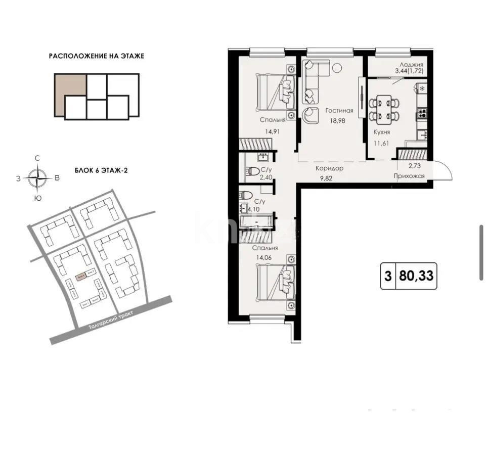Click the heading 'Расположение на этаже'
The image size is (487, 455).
tap(96, 56)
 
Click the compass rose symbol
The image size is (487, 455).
tap(37, 177)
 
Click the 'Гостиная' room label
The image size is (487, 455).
tap(339, 111)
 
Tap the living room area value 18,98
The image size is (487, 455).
tap(339, 120)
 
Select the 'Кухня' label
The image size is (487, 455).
tap(381, 132)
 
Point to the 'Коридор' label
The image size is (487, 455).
tap(329, 168)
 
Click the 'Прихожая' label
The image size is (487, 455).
tap(409, 176)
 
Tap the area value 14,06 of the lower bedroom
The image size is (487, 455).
tap(267, 257)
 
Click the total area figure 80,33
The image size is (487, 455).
tap(416, 277)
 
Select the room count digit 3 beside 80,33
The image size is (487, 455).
tap(388, 277)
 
